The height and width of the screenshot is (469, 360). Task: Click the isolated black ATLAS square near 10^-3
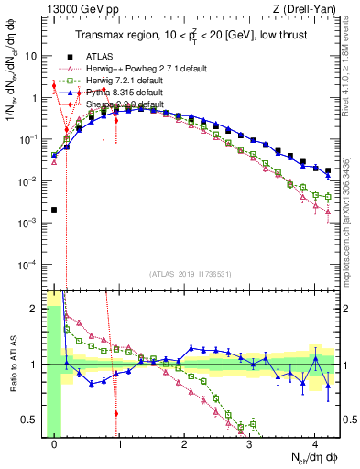54,210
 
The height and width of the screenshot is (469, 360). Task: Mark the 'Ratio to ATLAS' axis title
11,364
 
